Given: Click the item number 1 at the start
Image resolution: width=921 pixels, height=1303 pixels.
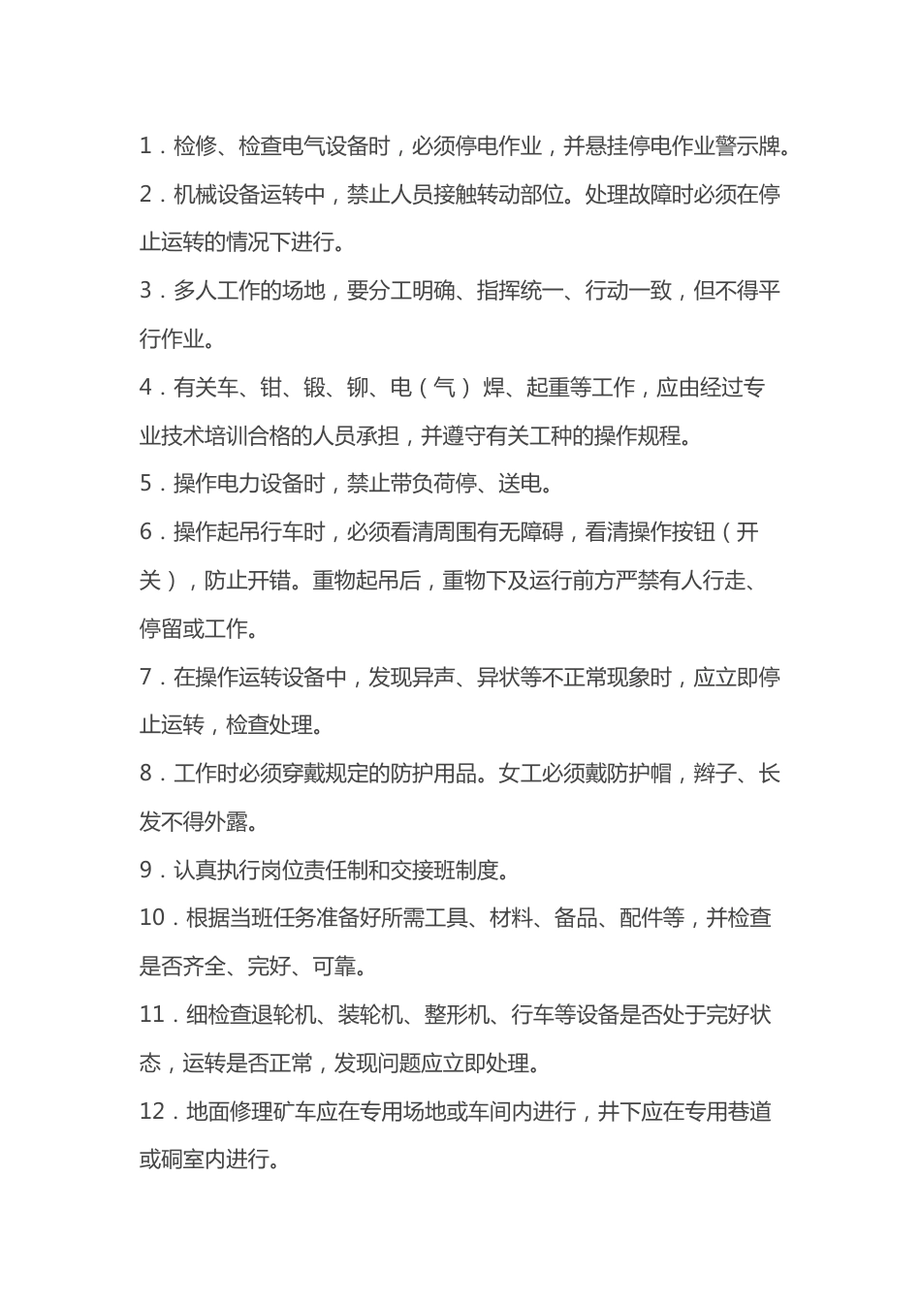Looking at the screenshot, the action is click(x=146, y=147).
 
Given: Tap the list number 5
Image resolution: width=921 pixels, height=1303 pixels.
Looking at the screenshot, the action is click(x=146, y=484).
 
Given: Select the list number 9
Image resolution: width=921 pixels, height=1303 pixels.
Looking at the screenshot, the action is click(x=146, y=871).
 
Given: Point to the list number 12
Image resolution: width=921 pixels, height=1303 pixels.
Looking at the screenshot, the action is click(x=152, y=1112).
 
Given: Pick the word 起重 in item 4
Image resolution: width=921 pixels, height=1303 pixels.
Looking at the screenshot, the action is click(x=548, y=389).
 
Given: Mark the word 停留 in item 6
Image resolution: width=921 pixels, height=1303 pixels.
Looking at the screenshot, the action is click(x=161, y=629).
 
